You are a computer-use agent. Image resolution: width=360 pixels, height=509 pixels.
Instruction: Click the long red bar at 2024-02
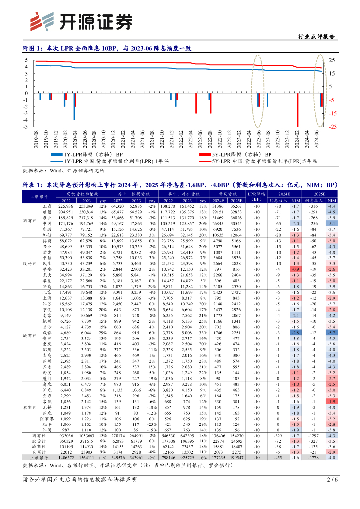point(298,110)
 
